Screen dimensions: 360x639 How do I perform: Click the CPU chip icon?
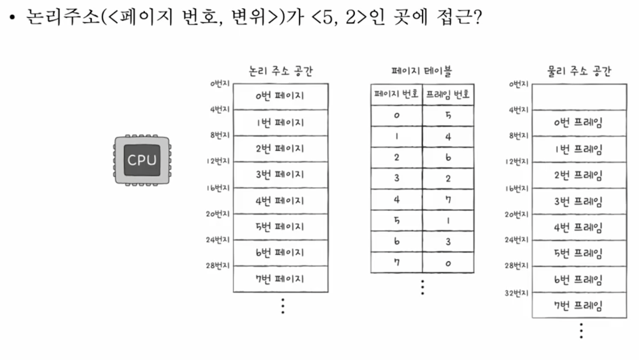(x=142, y=160)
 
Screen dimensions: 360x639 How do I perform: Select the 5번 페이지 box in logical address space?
(x=280, y=227)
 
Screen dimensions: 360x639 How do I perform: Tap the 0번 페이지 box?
(x=280, y=97)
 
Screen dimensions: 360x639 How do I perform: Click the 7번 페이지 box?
(x=280, y=279)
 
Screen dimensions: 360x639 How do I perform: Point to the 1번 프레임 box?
(x=579, y=149)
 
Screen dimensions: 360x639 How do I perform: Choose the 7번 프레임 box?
(x=579, y=306)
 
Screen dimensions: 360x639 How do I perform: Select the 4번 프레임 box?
(x=579, y=227)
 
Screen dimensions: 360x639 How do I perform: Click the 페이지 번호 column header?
(x=397, y=95)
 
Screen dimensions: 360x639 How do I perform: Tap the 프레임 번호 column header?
(x=448, y=95)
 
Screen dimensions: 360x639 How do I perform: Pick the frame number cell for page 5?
(x=448, y=221)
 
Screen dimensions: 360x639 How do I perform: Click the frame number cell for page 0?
(x=448, y=115)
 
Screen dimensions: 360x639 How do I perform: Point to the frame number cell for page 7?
(x=448, y=263)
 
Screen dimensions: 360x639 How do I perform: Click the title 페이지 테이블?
(x=422, y=71)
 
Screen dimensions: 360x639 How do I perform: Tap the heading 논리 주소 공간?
(x=280, y=71)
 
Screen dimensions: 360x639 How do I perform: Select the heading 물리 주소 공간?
(x=579, y=72)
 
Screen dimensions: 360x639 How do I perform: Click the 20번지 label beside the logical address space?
(x=218, y=214)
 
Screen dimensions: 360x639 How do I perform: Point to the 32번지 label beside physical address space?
(x=517, y=292)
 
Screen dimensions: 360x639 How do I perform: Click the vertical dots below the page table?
(x=422, y=287)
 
